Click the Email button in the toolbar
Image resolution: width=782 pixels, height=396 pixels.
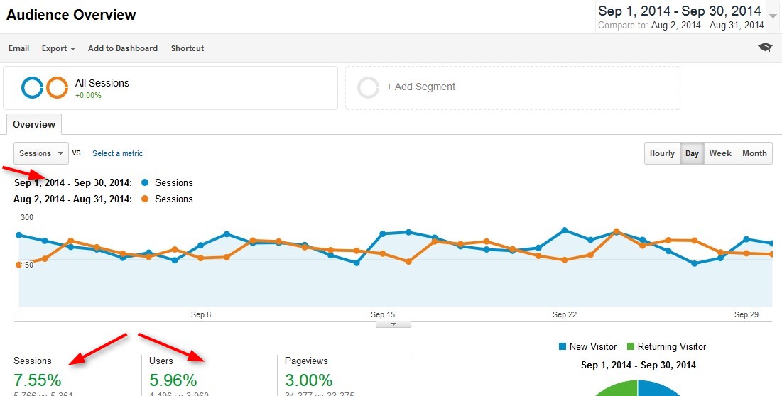(18, 48)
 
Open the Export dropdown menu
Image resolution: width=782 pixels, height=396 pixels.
(58, 48)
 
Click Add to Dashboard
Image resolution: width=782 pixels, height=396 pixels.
(123, 48)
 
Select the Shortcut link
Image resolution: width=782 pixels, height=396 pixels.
(188, 48)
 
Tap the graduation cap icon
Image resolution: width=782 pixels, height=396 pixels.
(765, 48)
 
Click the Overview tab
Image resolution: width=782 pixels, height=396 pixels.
(34, 124)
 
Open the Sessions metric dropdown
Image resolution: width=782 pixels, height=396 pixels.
(40, 153)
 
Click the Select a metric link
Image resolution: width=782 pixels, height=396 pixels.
(118, 153)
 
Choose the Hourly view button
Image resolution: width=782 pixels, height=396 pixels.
(662, 153)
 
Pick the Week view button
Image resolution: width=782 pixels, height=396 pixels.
(720, 153)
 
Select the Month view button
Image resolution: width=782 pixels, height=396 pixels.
(754, 153)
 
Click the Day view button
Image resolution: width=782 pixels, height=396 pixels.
(692, 153)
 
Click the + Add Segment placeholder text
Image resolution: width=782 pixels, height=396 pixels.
(420, 87)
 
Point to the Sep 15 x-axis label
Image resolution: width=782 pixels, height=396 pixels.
(382, 314)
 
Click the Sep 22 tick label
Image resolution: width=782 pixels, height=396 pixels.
(564, 314)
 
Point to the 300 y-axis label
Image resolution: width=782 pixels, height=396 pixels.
(27, 218)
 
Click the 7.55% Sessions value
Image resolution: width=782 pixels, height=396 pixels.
(38, 380)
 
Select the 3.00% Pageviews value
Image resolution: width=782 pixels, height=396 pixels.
(309, 380)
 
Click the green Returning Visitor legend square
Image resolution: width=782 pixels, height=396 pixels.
(631, 346)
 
